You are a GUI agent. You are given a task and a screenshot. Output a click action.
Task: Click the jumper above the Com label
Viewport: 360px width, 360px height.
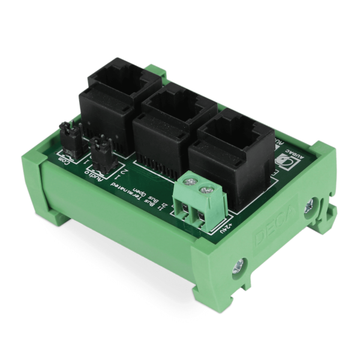67,137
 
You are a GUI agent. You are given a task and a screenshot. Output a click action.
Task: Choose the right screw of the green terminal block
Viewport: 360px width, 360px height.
207,191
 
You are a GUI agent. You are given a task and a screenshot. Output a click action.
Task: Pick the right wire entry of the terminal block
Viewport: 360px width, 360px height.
201,217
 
